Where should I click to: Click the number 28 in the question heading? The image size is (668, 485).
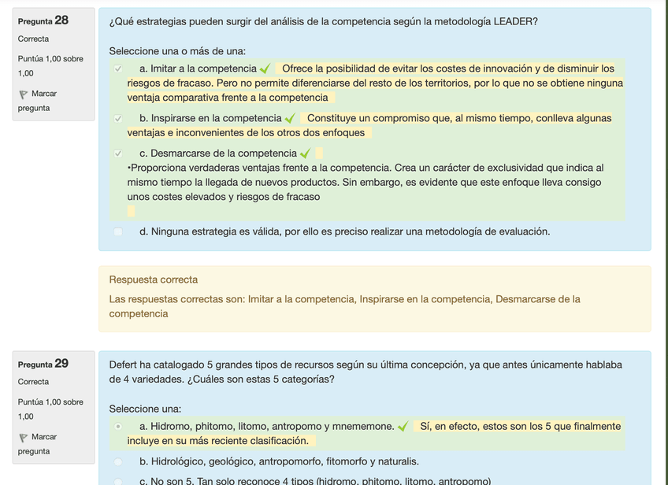[61, 20]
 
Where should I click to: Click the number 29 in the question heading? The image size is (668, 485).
[61, 364]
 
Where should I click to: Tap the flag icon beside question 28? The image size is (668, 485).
[23, 94]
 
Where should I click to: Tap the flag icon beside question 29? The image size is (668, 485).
[23, 438]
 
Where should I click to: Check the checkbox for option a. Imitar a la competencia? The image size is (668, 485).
[118, 69]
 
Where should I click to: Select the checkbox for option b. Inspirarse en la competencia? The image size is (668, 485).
[118, 119]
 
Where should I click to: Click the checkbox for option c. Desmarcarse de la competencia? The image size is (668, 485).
[118, 154]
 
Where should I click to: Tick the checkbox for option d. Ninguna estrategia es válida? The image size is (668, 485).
[118, 231]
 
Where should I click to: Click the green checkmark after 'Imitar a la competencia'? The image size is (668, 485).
[265, 69]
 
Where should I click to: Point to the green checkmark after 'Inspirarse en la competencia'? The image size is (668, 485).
[290, 119]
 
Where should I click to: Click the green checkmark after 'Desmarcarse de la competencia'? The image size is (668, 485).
[305, 154]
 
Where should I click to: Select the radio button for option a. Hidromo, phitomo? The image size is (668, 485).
[118, 427]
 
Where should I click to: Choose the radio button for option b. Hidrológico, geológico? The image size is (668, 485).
[118, 461]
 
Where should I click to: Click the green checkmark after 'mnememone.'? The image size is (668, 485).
[403, 427]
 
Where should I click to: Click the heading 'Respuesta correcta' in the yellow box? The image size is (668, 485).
[154, 280]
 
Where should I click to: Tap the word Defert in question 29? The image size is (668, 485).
[124, 365]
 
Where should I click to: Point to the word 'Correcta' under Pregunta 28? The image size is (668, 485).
[33, 39]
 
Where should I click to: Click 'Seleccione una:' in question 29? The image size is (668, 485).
[145, 409]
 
